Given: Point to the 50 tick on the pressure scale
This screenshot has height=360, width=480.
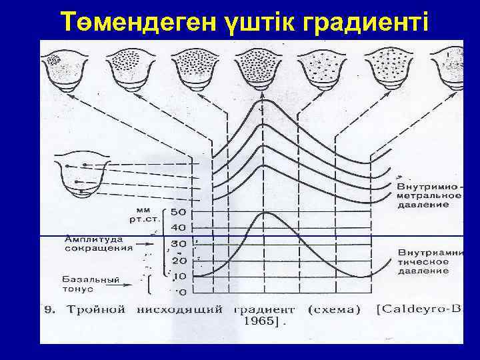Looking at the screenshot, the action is click(x=179, y=213).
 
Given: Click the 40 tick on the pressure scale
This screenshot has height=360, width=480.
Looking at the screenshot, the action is click(x=179, y=229).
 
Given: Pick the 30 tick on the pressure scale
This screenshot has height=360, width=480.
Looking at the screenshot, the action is click(x=179, y=245).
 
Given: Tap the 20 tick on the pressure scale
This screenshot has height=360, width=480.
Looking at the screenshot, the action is click(x=179, y=260).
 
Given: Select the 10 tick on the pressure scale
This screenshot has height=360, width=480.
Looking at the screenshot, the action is click(x=179, y=276).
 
